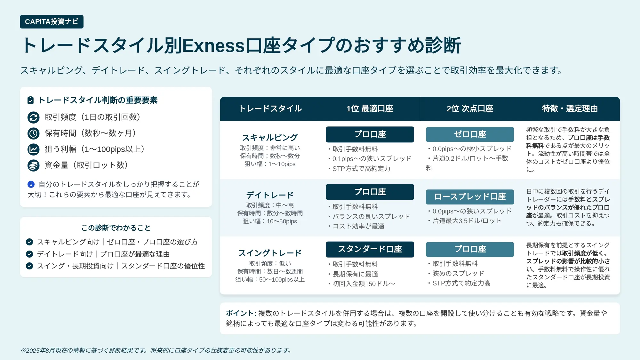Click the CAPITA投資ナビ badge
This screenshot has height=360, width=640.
[x=52, y=22]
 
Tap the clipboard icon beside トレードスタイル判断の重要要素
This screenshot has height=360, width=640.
[x=30, y=100]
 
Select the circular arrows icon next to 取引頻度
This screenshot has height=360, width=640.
[x=34, y=117]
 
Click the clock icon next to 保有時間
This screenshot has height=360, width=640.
[x=34, y=133]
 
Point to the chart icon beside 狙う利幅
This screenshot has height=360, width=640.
[x=34, y=149]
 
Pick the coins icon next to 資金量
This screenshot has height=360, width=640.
[x=34, y=165]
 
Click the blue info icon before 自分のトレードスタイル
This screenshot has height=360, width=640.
[x=31, y=184]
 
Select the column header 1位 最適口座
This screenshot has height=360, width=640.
[x=370, y=109]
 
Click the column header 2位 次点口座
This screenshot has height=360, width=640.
[x=470, y=109]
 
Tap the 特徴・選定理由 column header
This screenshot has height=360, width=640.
[x=570, y=109]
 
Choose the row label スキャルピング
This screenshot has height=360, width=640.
[x=270, y=138]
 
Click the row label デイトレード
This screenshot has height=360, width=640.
[x=270, y=195]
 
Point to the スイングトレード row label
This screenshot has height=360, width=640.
[x=270, y=253]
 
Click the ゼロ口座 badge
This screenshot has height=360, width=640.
[x=470, y=134]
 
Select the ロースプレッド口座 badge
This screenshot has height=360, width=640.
[x=470, y=197]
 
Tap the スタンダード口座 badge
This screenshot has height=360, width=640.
[x=370, y=249]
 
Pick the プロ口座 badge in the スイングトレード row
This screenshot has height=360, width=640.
[x=470, y=249]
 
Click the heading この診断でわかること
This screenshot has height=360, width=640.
[x=116, y=228]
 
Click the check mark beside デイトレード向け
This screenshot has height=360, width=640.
[x=29, y=254]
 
